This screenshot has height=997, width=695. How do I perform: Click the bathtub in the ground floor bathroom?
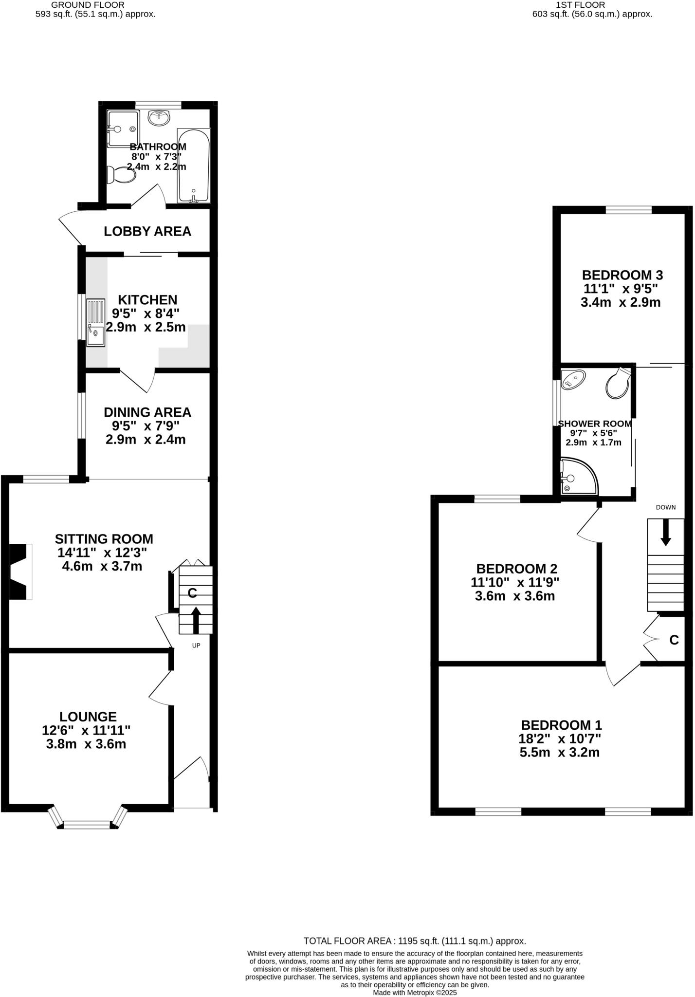click(x=194, y=166)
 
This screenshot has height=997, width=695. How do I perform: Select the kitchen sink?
click(x=95, y=322)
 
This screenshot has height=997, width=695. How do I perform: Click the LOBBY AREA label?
click(x=147, y=231)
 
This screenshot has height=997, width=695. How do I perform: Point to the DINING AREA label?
click(x=147, y=412)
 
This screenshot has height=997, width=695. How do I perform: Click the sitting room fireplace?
click(x=20, y=572)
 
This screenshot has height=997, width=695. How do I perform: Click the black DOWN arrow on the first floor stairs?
click(x=665, y=533)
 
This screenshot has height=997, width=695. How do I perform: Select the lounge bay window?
click(x=88, y=823)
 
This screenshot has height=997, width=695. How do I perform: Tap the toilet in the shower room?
click(x=618, y=383)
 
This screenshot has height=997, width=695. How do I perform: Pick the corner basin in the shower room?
click(x=573, y=379)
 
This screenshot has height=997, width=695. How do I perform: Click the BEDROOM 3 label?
click(x=622, y=275)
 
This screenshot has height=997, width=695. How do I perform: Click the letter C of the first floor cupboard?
click(x=674, y=640)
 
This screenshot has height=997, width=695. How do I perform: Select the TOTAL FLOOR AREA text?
click(x=415, y=941)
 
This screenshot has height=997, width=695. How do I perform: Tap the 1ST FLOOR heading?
click(x=580, y=5)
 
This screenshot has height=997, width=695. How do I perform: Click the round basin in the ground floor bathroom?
click(x=159, y=117)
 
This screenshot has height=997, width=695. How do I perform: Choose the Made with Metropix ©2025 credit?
click(x=415, y=992)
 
